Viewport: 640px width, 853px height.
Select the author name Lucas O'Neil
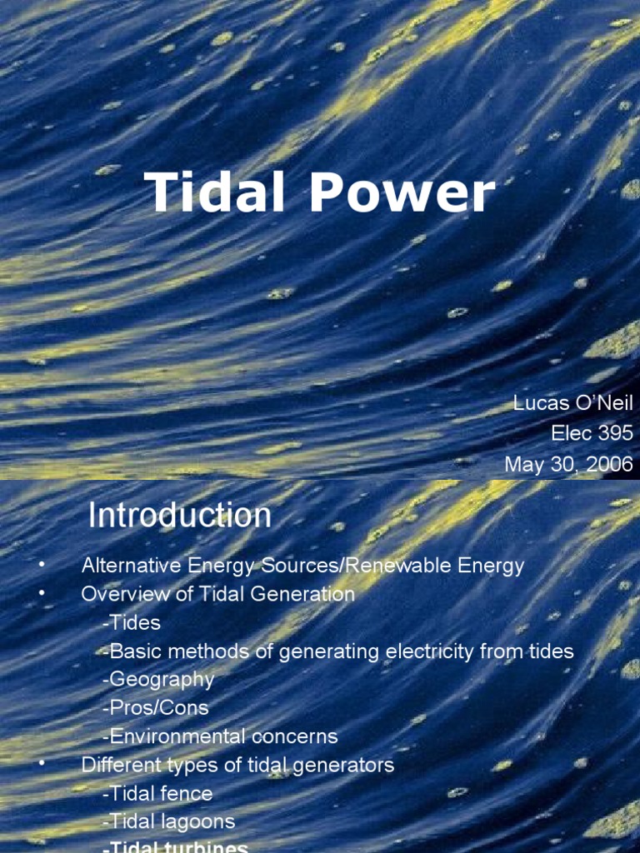(572, 404)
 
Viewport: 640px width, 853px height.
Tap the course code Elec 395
(592, 434)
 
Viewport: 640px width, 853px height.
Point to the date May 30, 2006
(568, 464)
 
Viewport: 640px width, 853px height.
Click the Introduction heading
(180, 516)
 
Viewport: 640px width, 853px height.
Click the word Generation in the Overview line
(303, 595)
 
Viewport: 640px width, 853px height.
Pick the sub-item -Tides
(132, 623)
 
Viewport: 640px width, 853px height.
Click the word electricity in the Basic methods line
(429, 651)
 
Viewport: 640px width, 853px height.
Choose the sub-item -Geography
(158, 680)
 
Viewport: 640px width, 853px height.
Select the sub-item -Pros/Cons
(155, 708)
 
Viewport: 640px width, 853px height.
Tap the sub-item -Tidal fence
(157, 793)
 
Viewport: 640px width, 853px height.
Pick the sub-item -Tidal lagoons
(169, 821)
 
